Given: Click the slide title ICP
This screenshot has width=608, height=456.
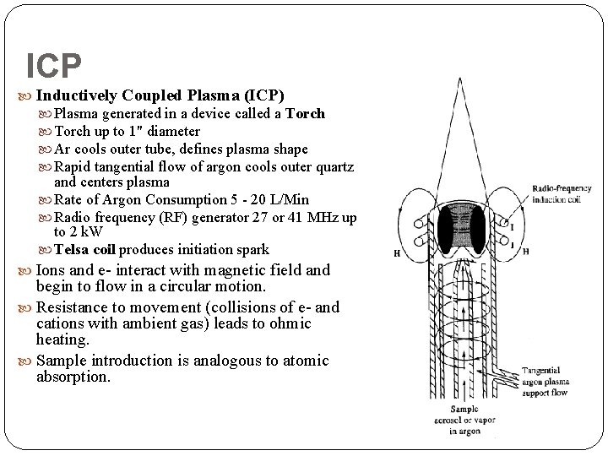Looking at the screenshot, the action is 54,65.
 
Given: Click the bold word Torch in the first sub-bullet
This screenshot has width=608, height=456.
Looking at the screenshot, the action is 305,114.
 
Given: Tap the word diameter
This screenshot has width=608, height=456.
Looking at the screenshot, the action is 173,131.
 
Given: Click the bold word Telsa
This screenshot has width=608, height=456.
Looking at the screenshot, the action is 72,250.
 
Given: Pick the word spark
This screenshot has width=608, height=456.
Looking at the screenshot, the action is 252,250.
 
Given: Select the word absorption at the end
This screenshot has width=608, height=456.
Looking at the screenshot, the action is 73,377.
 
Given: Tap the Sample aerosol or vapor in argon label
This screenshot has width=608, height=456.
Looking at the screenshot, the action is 464,421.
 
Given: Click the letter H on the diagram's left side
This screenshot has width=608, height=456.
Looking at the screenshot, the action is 396,252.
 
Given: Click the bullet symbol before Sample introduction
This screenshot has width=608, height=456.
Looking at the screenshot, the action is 30,361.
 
